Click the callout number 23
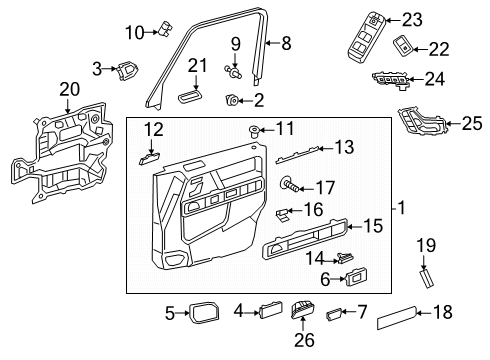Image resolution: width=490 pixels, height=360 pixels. coord(412,20)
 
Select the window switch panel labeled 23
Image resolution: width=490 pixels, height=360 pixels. coord(366,38)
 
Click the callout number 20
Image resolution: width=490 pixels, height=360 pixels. coord(70,89)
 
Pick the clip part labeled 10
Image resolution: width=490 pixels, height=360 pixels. coord(166,28)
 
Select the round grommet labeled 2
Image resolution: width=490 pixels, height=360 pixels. coord(232,100)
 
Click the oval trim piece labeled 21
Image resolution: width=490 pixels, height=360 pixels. coord(189,97)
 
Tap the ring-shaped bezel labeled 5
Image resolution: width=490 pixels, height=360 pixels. coord(204,313)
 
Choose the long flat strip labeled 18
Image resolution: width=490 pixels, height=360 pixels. coord(397,317)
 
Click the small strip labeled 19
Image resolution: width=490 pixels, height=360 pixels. coord(426,279)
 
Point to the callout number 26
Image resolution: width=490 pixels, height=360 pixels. coord(304,339)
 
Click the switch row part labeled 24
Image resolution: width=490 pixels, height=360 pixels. coord(392,80)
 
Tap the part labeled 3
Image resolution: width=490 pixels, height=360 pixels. coord(127,70)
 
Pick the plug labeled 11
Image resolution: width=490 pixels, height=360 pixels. coord(255,131)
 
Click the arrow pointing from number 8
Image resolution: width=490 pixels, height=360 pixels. coord(274,43)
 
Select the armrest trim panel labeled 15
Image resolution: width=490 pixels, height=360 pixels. coord(305,238)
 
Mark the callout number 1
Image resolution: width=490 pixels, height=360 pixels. coord(402,208)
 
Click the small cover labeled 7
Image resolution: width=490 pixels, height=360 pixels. coord(333,314)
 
